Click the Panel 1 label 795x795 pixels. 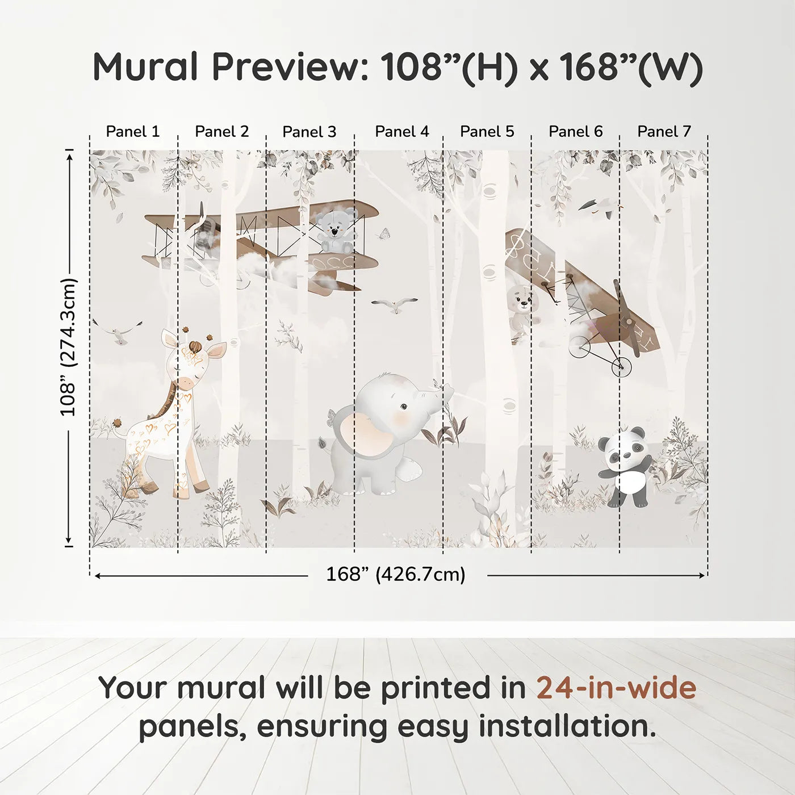(133, 132)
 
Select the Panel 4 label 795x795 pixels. (402, 132)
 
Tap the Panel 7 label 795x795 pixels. (664, 132)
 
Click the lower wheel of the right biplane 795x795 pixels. (622, 367)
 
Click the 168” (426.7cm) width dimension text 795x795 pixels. (396, 575)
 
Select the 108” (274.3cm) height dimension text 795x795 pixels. (69, 347)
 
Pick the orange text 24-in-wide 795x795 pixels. (616, 688)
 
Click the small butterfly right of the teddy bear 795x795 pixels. (384, 233)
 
